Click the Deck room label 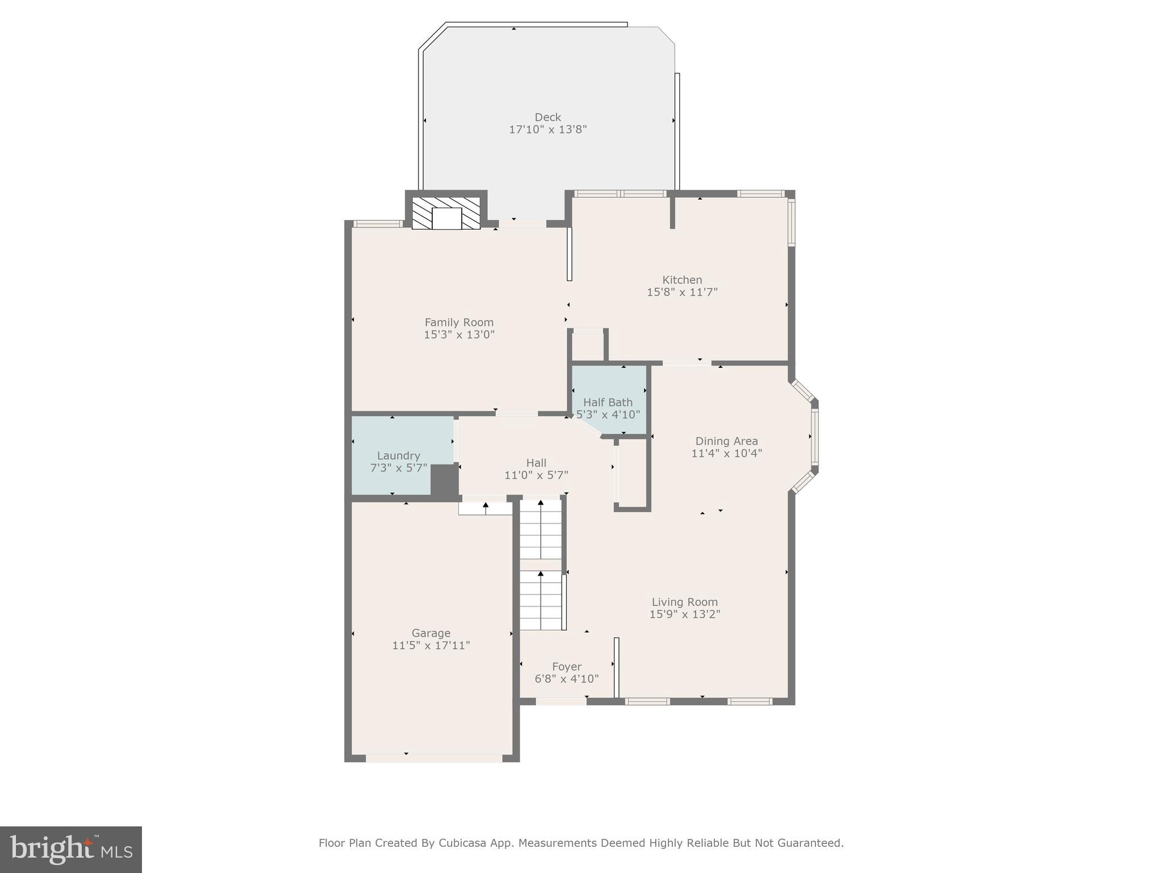pyautogui.click(x=547, y=117)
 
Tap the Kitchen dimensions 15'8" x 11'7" pyautogui.click(x=682, y=292)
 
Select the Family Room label pyautogui.click(x=459, y=322)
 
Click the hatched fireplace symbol pyautogui.click(x=446, y=213)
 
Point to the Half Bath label pyautogui.click(x=608, y=402)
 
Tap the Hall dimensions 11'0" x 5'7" pyautogui.click(x=536, y=475)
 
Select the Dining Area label pyautogui.click(x=726, y=441)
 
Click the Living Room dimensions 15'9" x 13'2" pyautogui.click(x=684, y=614)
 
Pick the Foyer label pyautogui.click(x=566, y=666)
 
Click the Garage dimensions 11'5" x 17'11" pyautogui.click(x=431, y=645)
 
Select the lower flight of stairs pyautogui.click(x=541, y=601)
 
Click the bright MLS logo pyautogui.click(x=71, y=849)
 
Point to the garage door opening pyautogui.click(x=434, y=758)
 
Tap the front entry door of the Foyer pyautogui.click(x=561, y=701)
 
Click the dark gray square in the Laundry pyautogui.click(x=444, y=479)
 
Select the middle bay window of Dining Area pyautogui.click(x=815, y=436)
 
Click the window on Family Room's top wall pyautogui.click(x=378, y=224)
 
